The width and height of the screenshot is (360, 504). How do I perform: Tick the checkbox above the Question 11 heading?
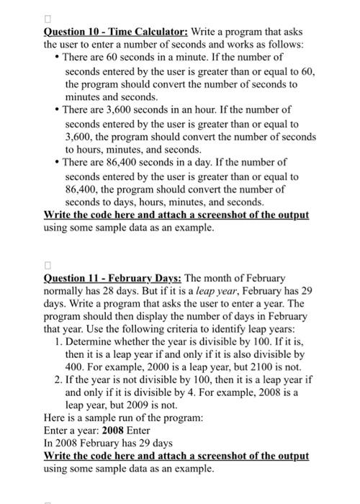(49, 263)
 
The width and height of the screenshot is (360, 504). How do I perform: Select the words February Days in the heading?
(148, 277)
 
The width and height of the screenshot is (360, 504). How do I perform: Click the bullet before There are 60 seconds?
(57, 57)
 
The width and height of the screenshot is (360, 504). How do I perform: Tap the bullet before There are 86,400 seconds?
(57, 163)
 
